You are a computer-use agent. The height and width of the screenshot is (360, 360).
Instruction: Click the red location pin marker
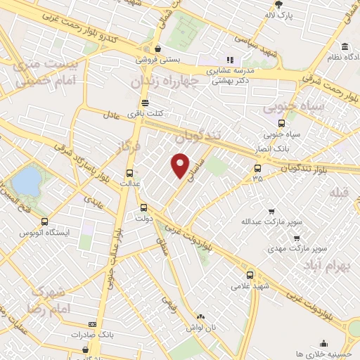[x=181, y=166]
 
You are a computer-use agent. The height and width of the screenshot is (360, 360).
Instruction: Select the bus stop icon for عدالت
[x=129, y=173]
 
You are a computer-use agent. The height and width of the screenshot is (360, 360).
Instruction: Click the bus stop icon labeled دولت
[x=143, y=207]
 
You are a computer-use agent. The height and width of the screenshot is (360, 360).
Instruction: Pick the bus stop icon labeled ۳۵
[x=257, y=168]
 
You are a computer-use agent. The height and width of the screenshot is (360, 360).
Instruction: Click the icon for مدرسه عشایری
[x=229, y=60]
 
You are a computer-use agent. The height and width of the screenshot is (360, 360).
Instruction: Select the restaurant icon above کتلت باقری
[x=145, y=102]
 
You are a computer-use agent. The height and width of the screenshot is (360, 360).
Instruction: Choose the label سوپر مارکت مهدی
[x=291, y=248]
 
